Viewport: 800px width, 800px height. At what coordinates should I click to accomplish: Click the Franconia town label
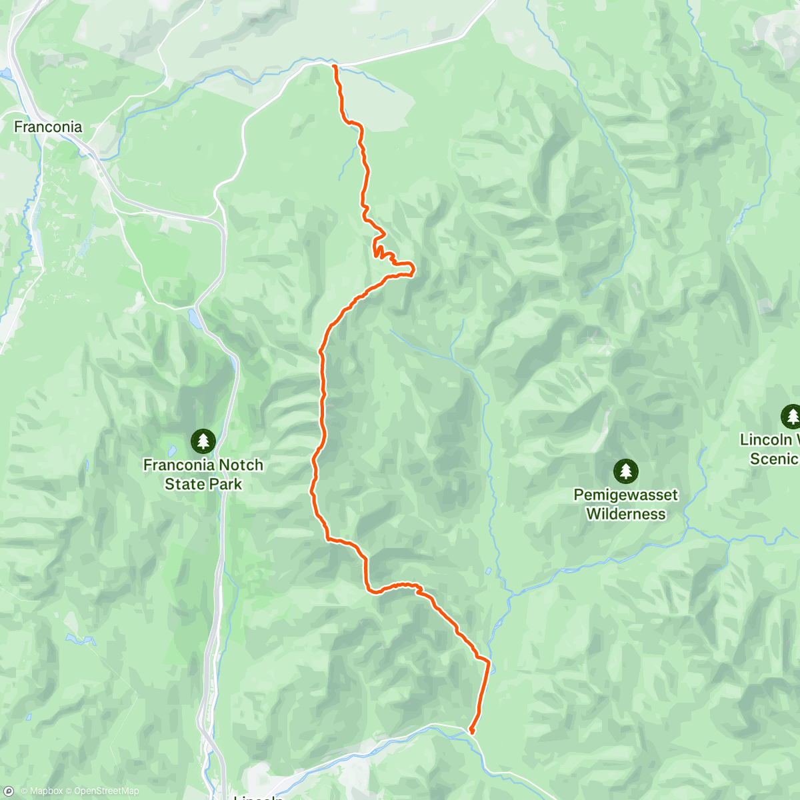48,127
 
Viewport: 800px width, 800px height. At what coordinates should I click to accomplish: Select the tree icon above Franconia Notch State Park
203,440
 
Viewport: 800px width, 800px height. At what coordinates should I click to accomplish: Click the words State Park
203,485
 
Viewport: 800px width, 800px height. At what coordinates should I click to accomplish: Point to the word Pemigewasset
625,495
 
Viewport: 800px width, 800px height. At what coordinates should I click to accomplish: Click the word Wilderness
625,514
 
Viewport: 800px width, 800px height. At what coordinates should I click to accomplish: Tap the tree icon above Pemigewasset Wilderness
625,471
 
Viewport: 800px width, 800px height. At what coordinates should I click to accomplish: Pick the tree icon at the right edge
791,416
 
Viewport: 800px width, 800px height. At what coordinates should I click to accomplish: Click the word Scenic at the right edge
773,459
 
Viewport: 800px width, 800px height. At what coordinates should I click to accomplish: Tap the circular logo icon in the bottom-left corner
9,791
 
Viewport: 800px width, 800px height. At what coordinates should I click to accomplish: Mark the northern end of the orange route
334,65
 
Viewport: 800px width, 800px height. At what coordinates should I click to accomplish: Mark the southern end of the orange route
472,732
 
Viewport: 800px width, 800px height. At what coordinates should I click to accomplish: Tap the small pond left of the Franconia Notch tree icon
171,451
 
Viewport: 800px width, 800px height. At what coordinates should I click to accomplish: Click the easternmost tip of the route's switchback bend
414,269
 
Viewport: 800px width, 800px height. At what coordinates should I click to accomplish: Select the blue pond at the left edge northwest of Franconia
5,73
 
